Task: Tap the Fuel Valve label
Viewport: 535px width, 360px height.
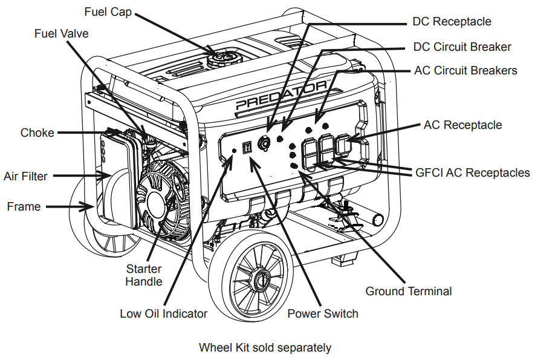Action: point(62,33)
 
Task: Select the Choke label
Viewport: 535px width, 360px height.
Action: point(37,133)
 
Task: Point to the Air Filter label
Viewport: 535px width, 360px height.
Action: point(25,176)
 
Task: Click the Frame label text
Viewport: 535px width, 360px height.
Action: point(24,206)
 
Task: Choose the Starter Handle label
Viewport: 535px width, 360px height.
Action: point(144,275)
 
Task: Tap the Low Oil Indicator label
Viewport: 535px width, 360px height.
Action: point(163,313)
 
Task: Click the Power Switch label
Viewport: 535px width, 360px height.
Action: point(322,313)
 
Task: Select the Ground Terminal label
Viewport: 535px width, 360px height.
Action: point(408,291)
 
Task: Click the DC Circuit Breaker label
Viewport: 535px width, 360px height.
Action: point(462,47)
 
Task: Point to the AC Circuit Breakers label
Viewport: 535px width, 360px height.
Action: point(465,70)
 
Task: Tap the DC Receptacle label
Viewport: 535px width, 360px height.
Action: point(452,21)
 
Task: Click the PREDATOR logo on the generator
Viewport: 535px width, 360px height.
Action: point(281,96)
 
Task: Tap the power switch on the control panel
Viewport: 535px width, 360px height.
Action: point(247,147)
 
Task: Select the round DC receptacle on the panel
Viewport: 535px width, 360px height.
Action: point(265,143)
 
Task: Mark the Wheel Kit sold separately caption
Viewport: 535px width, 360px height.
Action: point(265,348)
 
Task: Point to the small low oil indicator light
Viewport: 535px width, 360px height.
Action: point(233,150)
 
